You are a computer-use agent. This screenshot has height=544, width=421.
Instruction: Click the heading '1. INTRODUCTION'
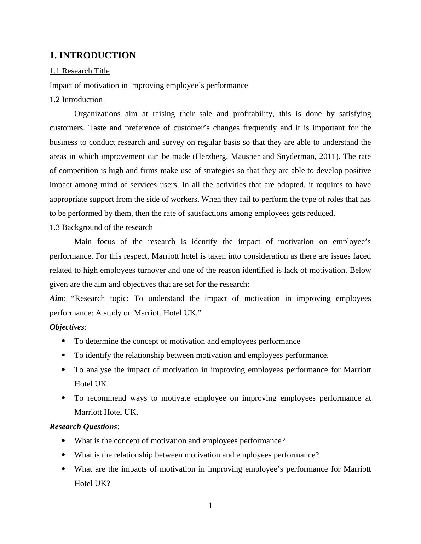(x=93, y=55)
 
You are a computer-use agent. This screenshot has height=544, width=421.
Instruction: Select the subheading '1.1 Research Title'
(x=80, y=71)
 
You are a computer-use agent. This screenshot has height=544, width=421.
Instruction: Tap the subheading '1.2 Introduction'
(x=76, y=100)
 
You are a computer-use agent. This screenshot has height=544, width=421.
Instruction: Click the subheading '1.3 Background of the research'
(x=101, y=227)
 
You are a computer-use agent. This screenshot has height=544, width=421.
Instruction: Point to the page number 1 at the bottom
(x=210, y=506)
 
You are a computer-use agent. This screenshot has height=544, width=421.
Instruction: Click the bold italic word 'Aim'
(x=57, y=298)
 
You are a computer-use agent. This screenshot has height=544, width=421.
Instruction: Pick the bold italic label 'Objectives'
(x=67, y=327)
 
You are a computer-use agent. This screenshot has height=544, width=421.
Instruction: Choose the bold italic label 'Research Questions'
(x=83, y=427)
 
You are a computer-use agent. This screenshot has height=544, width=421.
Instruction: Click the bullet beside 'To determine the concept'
(x=63, y=341)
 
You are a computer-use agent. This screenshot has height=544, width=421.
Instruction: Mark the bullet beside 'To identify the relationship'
(x=63, y=355)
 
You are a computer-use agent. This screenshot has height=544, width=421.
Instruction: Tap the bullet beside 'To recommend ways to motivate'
(x=63, y=398)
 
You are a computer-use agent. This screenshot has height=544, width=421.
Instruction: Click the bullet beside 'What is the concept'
(x=63, y=440)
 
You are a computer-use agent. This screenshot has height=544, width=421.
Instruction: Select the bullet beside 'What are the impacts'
(x=63, y=469)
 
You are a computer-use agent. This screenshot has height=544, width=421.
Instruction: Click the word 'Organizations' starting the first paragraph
(x=97, y=114)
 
